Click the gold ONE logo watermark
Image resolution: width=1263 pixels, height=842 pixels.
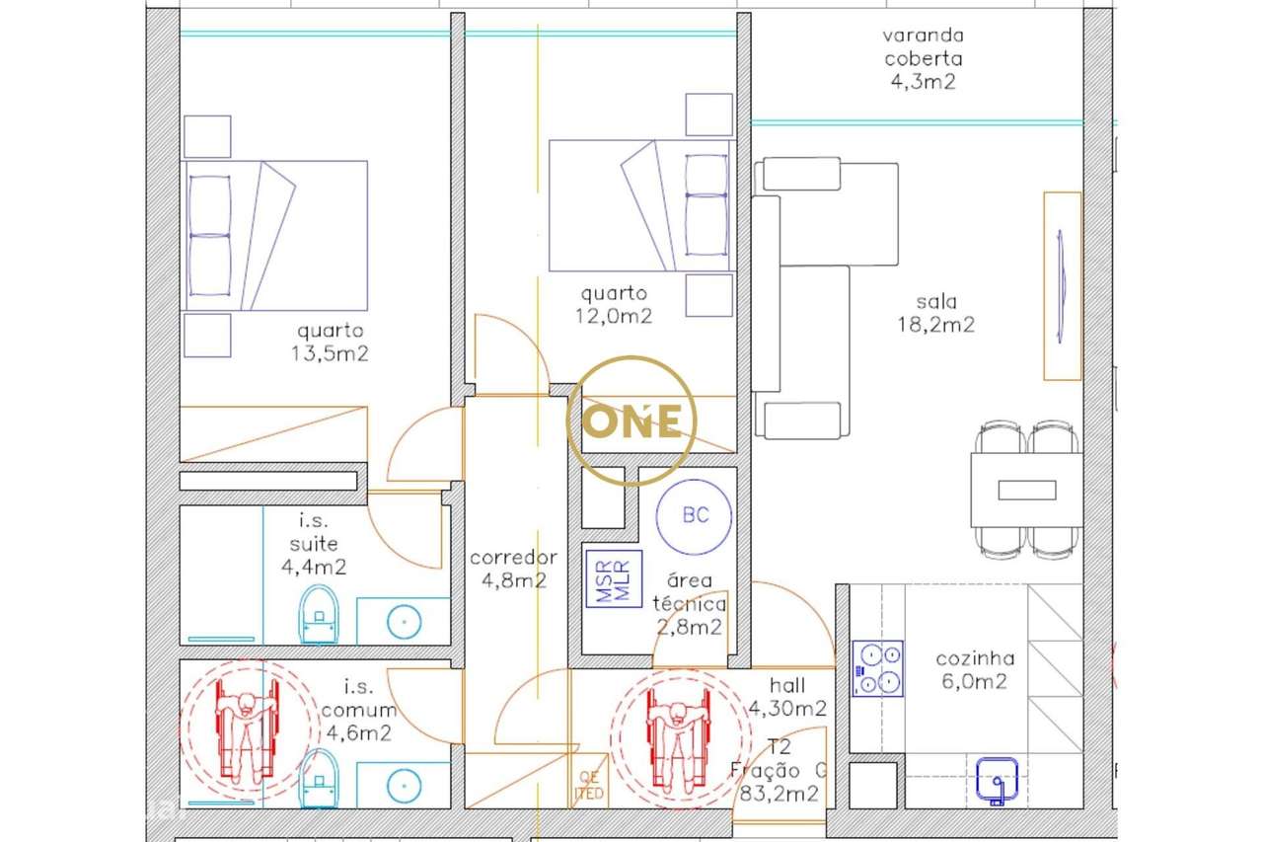(x=631, y=421)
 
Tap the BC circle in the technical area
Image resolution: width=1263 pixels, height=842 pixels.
(x=695, y=515)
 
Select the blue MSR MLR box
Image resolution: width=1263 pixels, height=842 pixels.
(x=614, y=577)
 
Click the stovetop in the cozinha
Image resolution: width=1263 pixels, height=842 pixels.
(x=877, y=668)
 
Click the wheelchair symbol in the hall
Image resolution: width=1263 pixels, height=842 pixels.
(x=678, y=735)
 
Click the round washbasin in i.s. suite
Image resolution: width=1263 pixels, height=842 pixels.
(x=404, y=621)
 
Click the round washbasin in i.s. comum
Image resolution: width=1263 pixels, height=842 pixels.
(x=404, y=784)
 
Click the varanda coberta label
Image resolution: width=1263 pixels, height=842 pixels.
(x=922, y=59)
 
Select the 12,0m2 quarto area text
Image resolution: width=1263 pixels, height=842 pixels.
(x=614, y=316)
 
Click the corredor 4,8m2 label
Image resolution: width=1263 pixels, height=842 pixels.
(x=513, y=570)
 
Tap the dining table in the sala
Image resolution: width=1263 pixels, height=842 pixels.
(x=1026, y=490)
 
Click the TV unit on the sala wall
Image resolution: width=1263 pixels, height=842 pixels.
(x=1062, y=286)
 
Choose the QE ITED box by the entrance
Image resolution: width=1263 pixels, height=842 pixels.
(x=589, y=787)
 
